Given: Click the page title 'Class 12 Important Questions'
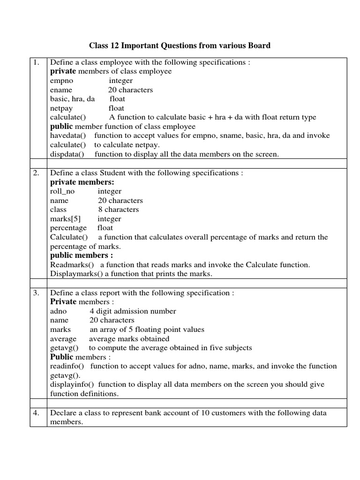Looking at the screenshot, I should pos(180,45).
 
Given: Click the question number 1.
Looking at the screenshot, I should pos(36,62).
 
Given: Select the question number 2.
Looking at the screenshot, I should pos(36,173).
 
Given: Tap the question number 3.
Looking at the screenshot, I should pos(36,293).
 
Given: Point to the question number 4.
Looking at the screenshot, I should pos(36,413).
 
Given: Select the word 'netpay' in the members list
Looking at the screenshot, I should pos(61,108).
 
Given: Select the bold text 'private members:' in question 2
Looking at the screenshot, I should pos(82,182).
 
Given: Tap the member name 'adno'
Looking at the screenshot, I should pos(59,311).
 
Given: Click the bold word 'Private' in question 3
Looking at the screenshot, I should pos(63,302).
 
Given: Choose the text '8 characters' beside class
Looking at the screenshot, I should pos(119,210).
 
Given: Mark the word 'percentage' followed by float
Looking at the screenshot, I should pos(68,228).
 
